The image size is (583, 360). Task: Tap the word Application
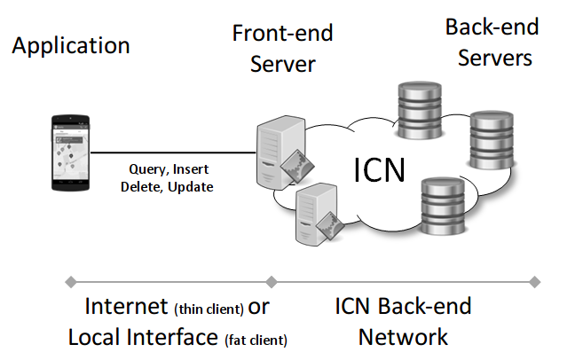pyautogui.click(x=71, y=46)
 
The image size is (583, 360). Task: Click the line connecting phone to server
pyautogui.click(x=169, y=152)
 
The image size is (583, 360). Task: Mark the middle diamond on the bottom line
pyautogui.click(x=272, y=282)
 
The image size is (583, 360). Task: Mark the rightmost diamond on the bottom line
pyautogui.click(x=534, y=282)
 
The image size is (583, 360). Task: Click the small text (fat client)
pyautogui.click(x=256, y=339)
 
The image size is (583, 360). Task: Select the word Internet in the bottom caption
pyautogui.click(x=123, y=307)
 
